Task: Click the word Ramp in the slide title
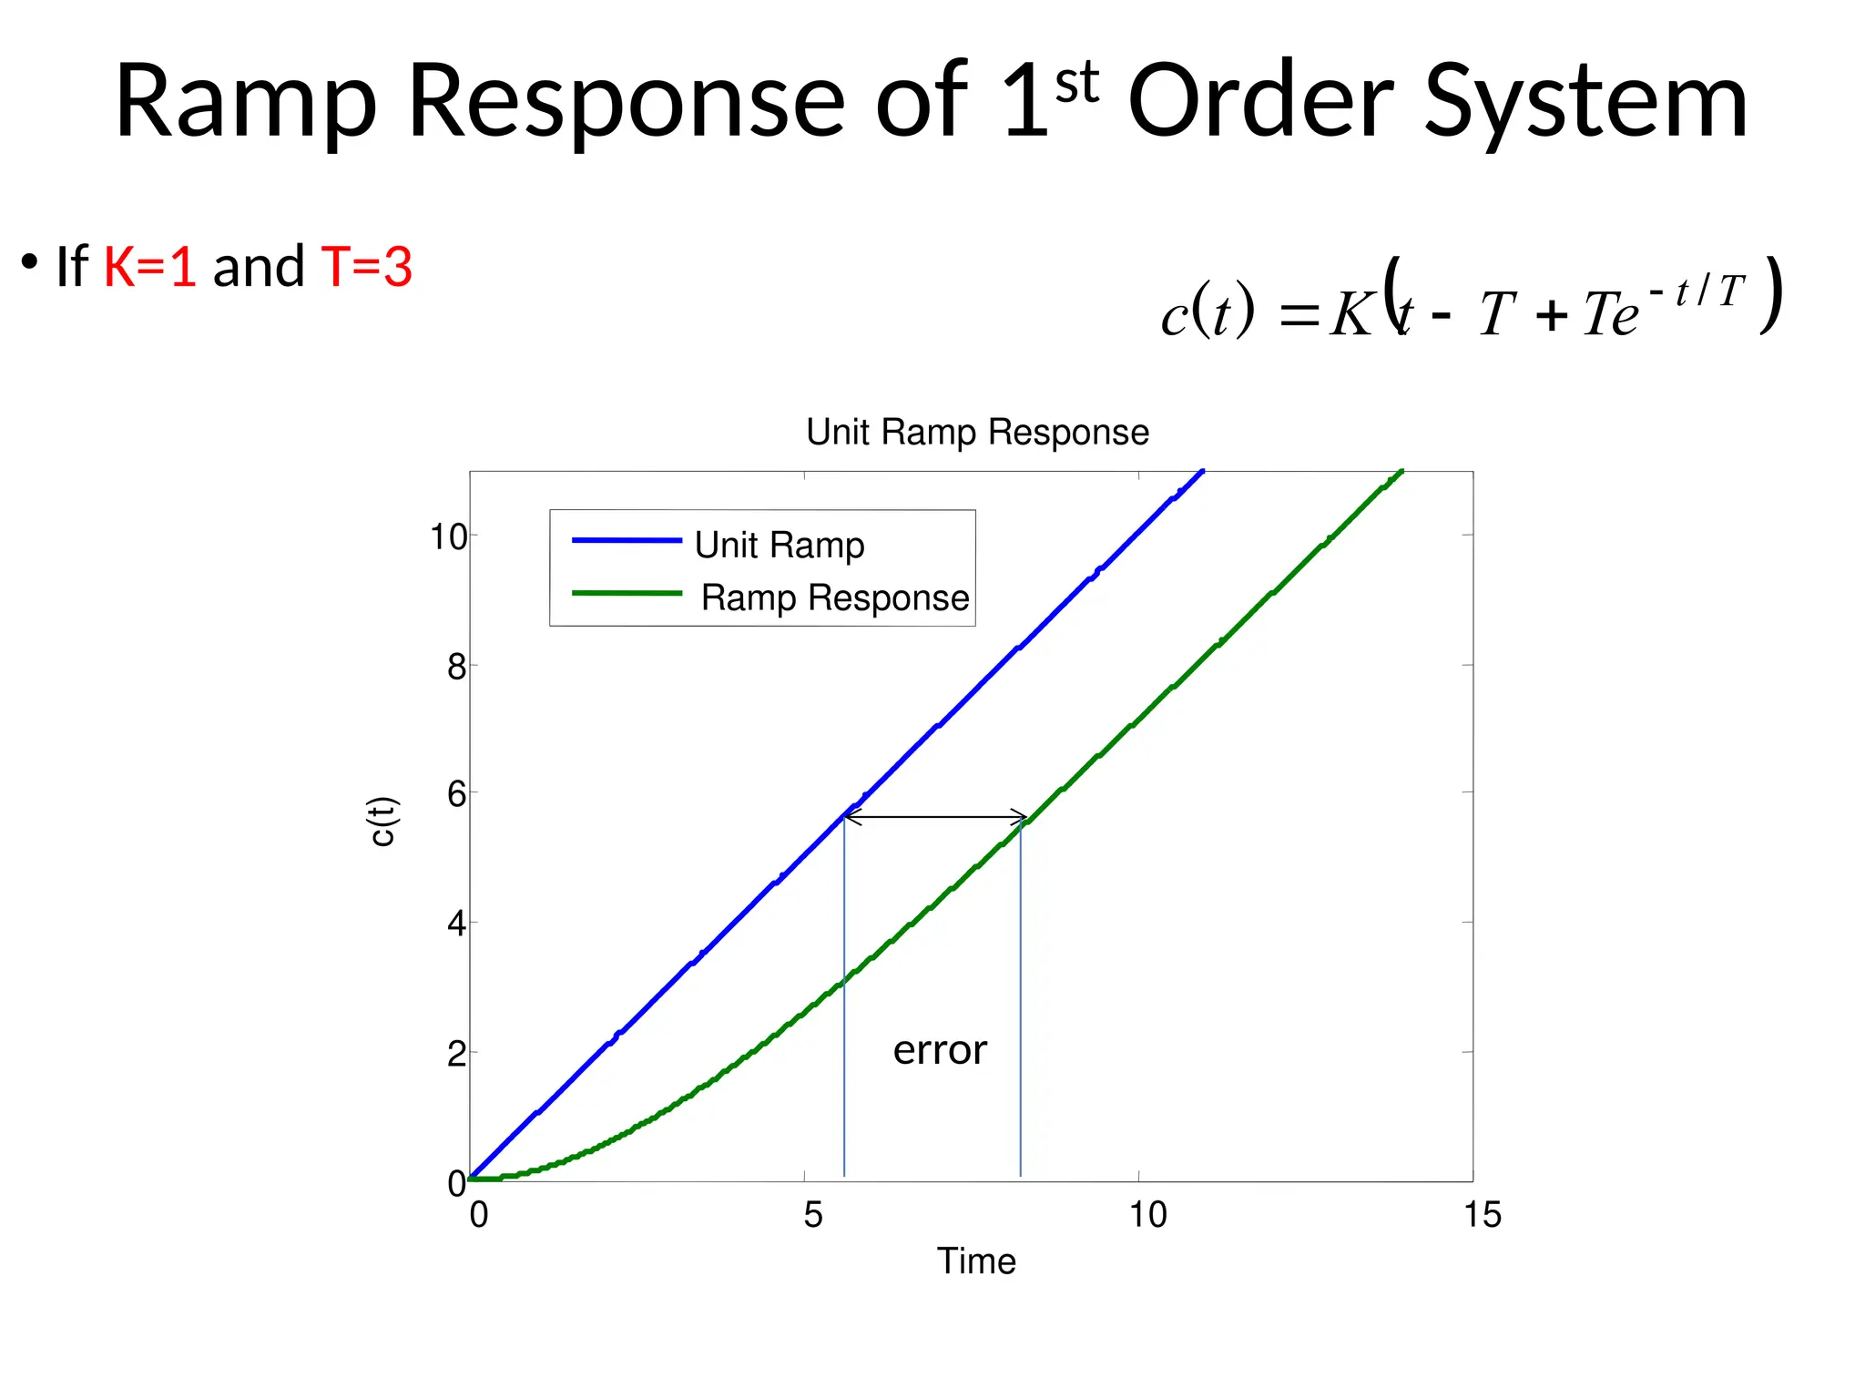pyautogui.click(x=246, y=102)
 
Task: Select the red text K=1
pyautogui.click(x=149, y=267)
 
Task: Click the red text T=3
pyautogui.click(x=367, y=267)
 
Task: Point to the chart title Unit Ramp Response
pyautogui.click(x=977, y=432)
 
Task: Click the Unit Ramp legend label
pyautogui.click(x=779, y=545)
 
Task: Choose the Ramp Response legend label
pyautogui.click(x=834, y=597)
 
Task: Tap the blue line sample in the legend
pyautogui.click(x=627, y=541)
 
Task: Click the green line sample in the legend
pyautogui.click(x=627, y=594)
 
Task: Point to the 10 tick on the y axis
pyautogui.click(x=448, y=537)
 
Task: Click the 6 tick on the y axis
pyautogui.click(x=456, y=794)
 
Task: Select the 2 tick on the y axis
pyautogui.click(x=456, y=1054)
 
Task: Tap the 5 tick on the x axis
pyautogui.click(x=813, y=1214)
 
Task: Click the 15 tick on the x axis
pyautogui.click(x=1482, y=1214)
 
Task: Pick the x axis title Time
pyautogui.click(x=976, y=1261)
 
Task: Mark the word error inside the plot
pyautogui.click(x=940, y=1050)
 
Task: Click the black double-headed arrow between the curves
pyautogui.click(x=935, y=817)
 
